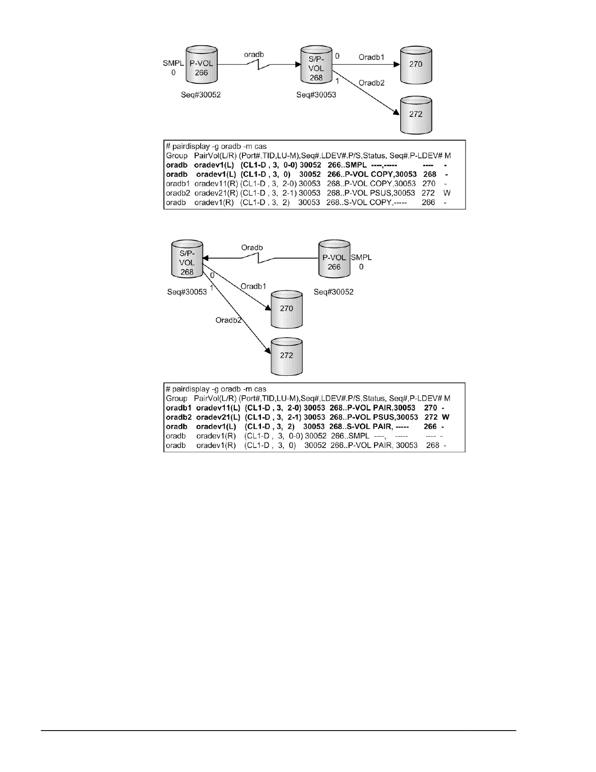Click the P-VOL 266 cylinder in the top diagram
[201, 68]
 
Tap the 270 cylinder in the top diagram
[415, 64]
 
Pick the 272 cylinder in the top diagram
[415, 115]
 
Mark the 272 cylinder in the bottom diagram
[287, 356]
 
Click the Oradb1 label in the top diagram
[371, 57]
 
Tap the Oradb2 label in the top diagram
[372, 83]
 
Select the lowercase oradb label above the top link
[254, 55]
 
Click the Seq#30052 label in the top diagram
[200, 95]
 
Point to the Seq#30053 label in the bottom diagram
[187, 292]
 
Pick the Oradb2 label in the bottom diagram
[228, 320]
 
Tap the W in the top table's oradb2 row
[447, 193]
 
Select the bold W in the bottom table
[445, 417]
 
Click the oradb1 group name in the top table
[178, 184]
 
